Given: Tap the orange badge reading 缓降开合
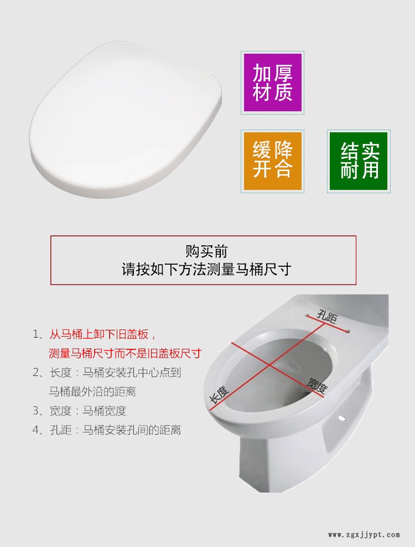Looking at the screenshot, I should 272,161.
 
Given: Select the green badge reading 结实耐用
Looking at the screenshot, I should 359,161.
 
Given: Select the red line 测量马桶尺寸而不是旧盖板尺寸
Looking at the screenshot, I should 125,353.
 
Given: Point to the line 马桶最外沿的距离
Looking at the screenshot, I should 92,391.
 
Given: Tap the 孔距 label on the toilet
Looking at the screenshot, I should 327,317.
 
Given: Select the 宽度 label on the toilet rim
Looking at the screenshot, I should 317,385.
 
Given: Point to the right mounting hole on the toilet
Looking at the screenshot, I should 347,332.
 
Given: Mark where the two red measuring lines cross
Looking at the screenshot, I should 269,365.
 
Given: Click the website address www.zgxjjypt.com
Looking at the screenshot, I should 364,534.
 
